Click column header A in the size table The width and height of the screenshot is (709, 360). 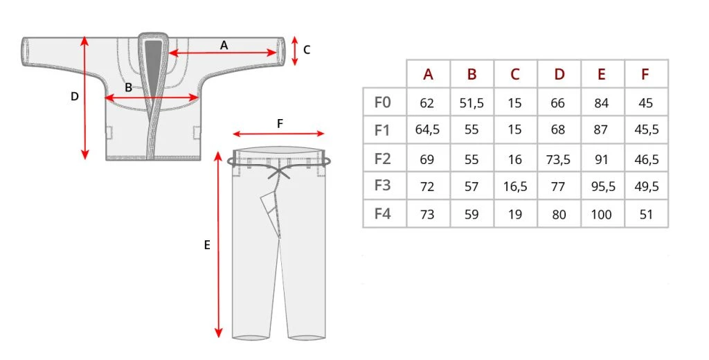pyautogui.click(x=428, y=74)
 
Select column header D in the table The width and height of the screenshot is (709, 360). pyautogui.click(x=559, y=74)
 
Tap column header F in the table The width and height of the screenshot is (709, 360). pyautogui.click(x=645, y=74)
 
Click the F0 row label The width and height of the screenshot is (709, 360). pyautogui.click(x=383, y=102)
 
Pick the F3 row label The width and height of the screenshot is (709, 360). pyautogui.click(x=383, y=186)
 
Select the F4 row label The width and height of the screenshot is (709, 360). pyautogui.click(x=383, y=214)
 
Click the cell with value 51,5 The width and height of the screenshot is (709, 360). pyautogui.click(x=472, y=103)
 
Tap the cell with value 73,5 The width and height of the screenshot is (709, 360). pyautogui.click(x=559, y=159)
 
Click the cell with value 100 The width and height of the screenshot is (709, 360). pyautogui.click(x=602, y=215)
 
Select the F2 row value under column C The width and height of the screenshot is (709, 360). pyautogui.click(x=514, y=159)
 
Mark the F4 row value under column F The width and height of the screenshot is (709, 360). pyautogui.click(x=646, y=215)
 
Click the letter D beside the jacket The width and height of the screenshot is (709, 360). pyautogui.click(x=74, y=97)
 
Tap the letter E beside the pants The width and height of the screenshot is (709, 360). pyautogui.click(x=207, y=244)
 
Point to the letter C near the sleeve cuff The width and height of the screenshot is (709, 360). pyautogui.click(x=307, y=50)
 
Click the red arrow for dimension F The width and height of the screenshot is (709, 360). pyautogui.click(x=278, y=134)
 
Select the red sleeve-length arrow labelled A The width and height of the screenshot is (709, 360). pyautogui.click(x=223, y=53)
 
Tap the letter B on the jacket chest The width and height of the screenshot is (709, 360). pyautogui.click(x=128, y=88)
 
